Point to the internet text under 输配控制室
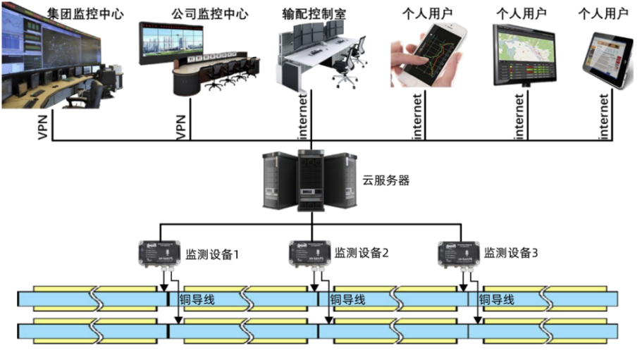click(304, 116)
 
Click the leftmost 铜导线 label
click(199, 299)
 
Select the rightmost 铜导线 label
click(496, 299)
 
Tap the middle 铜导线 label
click(349, 299)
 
